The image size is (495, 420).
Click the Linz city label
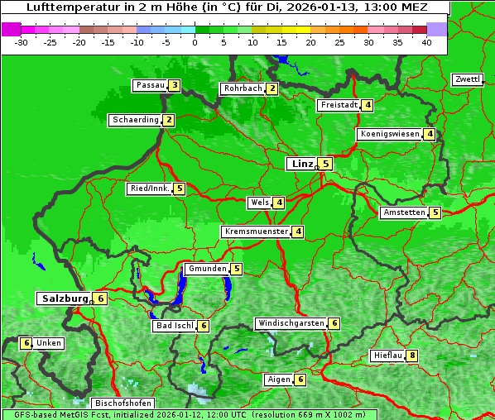pos(302,164)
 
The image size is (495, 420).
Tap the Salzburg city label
pos(64,298)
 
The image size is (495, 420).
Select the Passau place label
pos(150,85)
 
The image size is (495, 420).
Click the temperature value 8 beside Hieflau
pos(411,356)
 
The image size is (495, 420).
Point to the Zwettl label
pos(467,79)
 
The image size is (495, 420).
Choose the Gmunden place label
pos(206,269)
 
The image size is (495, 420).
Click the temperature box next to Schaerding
pos(168,120)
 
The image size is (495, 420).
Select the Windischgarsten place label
pos(290,323)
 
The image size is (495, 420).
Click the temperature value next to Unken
pos(26,343)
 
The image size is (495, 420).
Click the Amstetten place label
pos(403,212)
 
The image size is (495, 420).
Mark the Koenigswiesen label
pos(389,134)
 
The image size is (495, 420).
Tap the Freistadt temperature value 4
pos(367,105)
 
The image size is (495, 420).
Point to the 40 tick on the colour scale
pos(425,42)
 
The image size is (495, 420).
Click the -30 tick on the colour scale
pos(22,42)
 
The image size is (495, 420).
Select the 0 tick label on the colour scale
pos(195,42)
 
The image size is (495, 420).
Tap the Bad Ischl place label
pos(174,326)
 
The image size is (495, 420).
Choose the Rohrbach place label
pos(242,88)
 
